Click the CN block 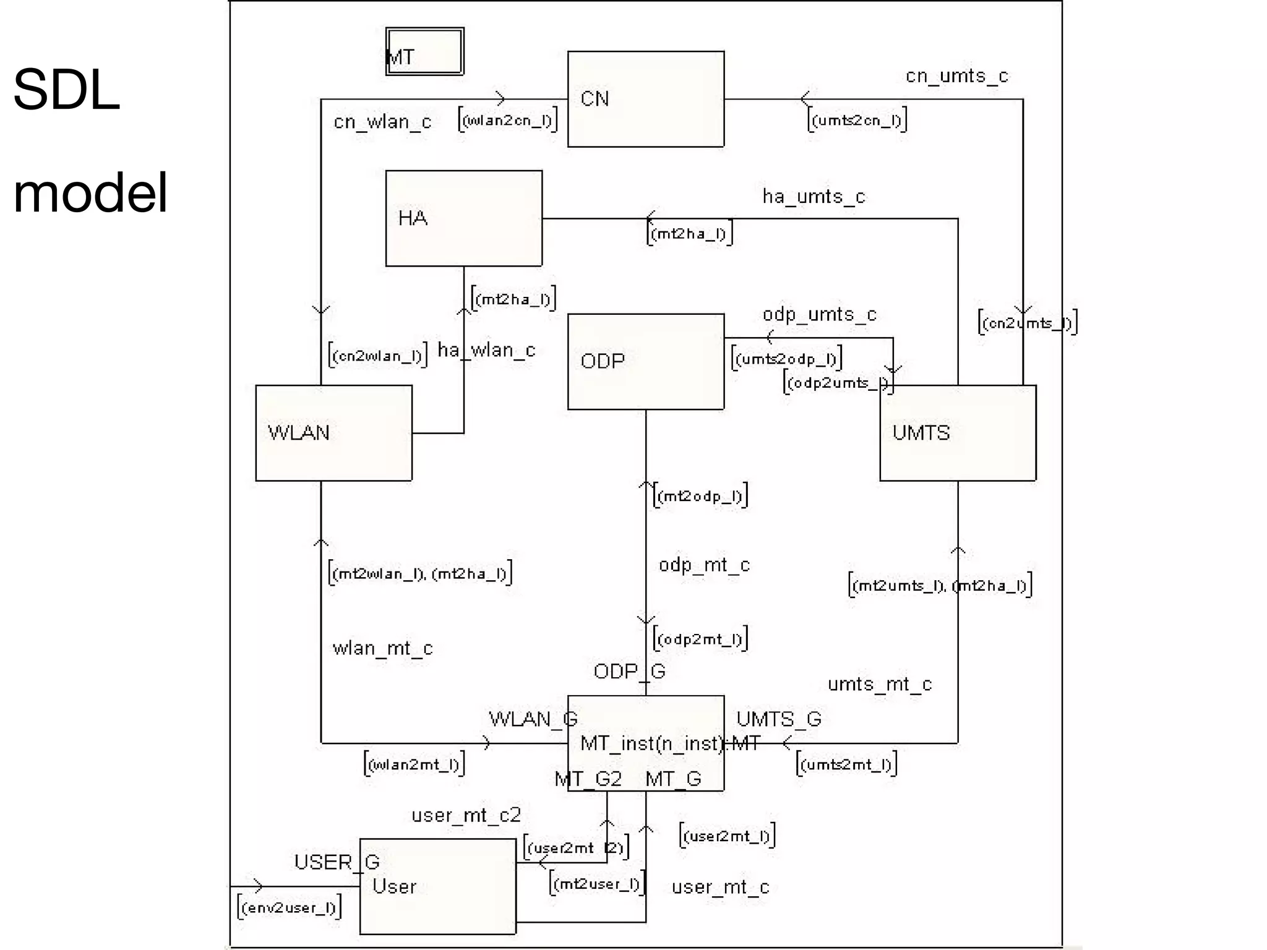tap(645, 99)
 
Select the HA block tap(463, 218)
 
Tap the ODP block tap(645, 361)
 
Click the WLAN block tap(333, 433)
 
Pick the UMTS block tap(957, 433)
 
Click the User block tap(437, 886)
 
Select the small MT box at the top tap(424, 52)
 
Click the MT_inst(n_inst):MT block tap(645, 743)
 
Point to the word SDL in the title tap(66, 90)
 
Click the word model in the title tap(90, 193)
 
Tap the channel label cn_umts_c tap(956, 76)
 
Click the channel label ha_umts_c tap(813, 197)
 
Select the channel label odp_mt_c tap(704, 565)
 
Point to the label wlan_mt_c tap(382, 648)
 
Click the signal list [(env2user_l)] tap(289, 907)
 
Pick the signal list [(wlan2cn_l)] tap(507, 119)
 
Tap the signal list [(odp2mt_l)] tap(700, 638)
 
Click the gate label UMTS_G tap(778, 719)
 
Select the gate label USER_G tap(336, 862)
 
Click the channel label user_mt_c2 tap(466, 815)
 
